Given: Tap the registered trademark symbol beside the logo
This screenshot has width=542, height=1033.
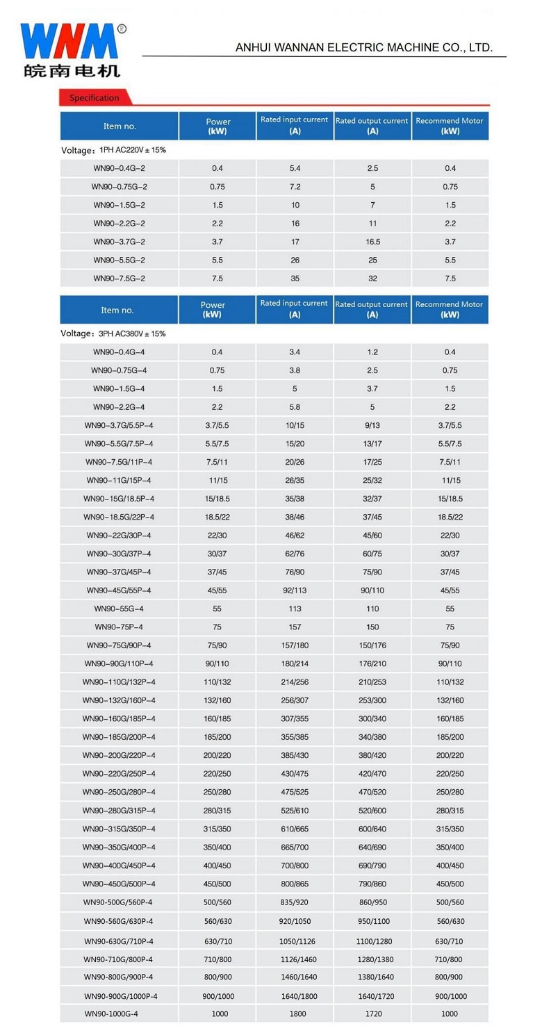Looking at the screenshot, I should [x=122, y=28].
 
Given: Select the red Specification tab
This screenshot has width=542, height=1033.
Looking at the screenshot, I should [x=94, y=98].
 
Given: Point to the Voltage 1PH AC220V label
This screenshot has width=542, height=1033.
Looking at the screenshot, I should [x=113, y=150].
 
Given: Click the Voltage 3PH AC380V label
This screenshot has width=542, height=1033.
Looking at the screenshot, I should [x=113, y=334].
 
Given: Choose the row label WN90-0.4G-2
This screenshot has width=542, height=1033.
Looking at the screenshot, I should [x=120, y=168].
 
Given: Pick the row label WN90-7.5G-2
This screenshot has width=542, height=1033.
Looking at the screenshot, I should [x=120, y=279].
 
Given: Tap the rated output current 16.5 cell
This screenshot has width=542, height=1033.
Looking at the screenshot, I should [x=372, y=242].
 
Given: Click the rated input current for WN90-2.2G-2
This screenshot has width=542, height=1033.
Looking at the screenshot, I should [x=295, y=224].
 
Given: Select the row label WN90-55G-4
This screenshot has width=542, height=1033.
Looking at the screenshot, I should [x=120, y=609].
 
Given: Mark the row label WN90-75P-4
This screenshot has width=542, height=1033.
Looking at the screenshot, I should [x=120, y=627].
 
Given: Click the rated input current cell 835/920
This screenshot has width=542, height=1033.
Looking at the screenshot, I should [x=295, y=902].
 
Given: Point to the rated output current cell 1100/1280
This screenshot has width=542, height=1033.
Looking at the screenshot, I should [x=372, y=941].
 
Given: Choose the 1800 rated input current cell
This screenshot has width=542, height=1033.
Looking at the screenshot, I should [x=297, y=1014].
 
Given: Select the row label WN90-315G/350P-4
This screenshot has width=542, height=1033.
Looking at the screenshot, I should [x=119, y=829].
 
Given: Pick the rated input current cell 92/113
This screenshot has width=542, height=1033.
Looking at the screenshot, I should [x=295, y=590].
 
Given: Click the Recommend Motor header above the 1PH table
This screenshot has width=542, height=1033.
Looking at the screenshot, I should [x=450, y=125].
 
